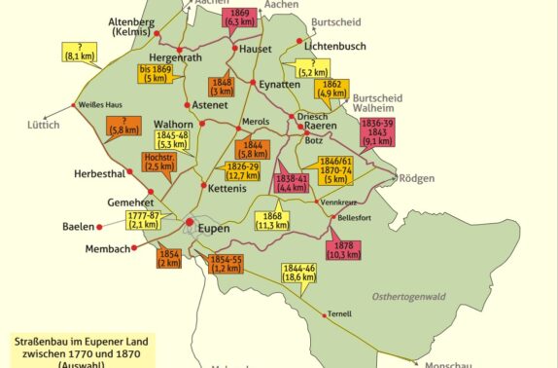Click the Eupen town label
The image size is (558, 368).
click(214, 229)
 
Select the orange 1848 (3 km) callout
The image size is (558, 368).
click(223, 86)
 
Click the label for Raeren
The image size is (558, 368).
click(319, 127)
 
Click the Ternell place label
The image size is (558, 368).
click(340, 313)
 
